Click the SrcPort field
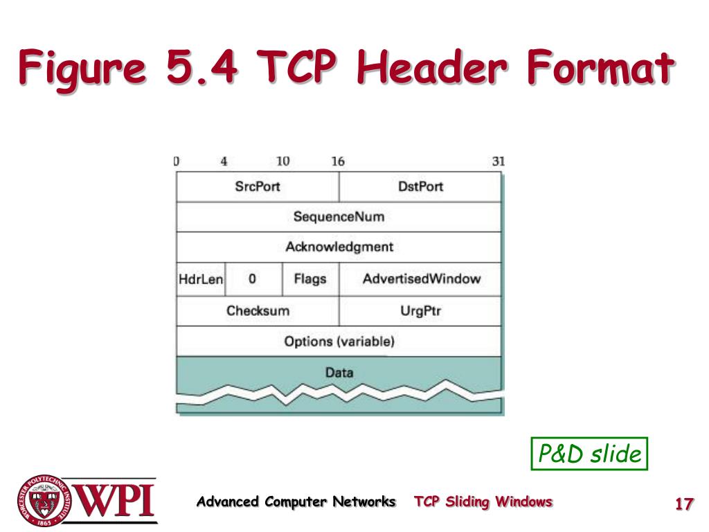pyautogui.click(x=257, y=187)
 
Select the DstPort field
pyautogui.click(x=420, y=187)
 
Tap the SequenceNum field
pyautogui.click(x=339, y=217)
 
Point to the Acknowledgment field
pyautogui.click(x=339, y=247)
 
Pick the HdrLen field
pyautogui.click(x=201, y=280)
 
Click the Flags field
pyautogui.click(x=310, y=280)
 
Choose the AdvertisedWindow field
pyautogui.click(x=420, y=280)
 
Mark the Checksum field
pyautogui.click(x=258, y=311)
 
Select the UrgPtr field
pyautogui.click(x=420, y=311)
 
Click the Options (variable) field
pyautogui.click(x=339, y=341)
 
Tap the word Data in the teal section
pyautogui.click(x=339, y=373)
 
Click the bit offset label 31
pyautogui.click(x=499, y=161)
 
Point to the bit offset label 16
pyautogui.click(x=338, y=161)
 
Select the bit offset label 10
pyautogui.click(x=282, y=161)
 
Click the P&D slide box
pyautogui.click(x=589, y=454)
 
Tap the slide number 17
pyautogui.click(x=684, y=504)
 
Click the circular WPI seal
pyautogui.click(x=44, y=500)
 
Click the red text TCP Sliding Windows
pyautogui.click(x=483, y=502)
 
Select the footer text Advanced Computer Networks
pyautogui.click(x=296, y=502)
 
